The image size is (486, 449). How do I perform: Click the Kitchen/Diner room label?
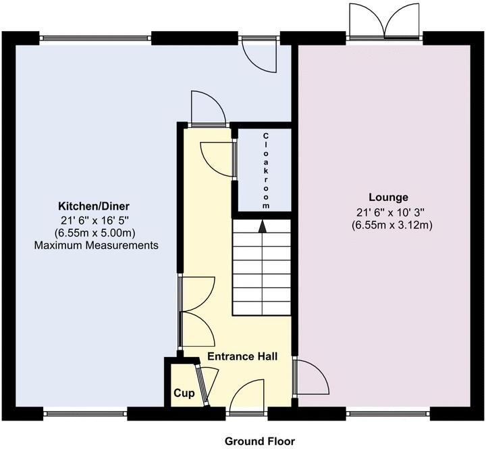[x=94, y=206]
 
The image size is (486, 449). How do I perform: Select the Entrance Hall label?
[x=242, y=356]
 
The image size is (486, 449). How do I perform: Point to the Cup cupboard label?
[x=184, y=393]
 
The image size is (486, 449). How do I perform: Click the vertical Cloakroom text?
[x=266, y=170]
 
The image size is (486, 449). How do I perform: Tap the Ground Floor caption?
[x=260, y=441]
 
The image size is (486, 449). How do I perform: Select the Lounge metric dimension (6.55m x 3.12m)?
[x=392, y=224]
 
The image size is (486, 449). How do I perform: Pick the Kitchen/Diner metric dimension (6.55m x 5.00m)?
[x=97, y=233]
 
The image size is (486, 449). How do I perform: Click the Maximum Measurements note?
[x=97, y=245]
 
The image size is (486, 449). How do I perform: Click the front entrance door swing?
[x=249, y=397]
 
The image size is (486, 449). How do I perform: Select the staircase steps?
[x=262, y=270]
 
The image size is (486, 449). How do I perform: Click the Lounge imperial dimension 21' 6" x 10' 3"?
[x=392, y=211]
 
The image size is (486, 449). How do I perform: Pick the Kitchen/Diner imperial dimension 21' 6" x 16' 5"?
[x=97, y=220]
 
